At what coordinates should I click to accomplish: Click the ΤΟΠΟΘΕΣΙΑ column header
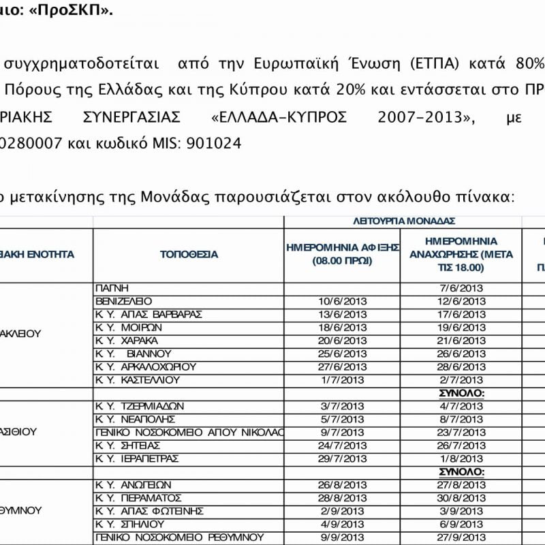click(189, 255)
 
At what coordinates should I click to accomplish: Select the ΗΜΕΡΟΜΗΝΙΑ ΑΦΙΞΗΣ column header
click(342, 254)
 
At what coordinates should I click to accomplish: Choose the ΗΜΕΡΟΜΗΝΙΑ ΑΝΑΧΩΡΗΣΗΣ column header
click(461, 254)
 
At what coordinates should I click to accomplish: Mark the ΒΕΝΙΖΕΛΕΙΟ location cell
click(124, 301)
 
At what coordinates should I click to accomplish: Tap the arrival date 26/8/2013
click(342, 485)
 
